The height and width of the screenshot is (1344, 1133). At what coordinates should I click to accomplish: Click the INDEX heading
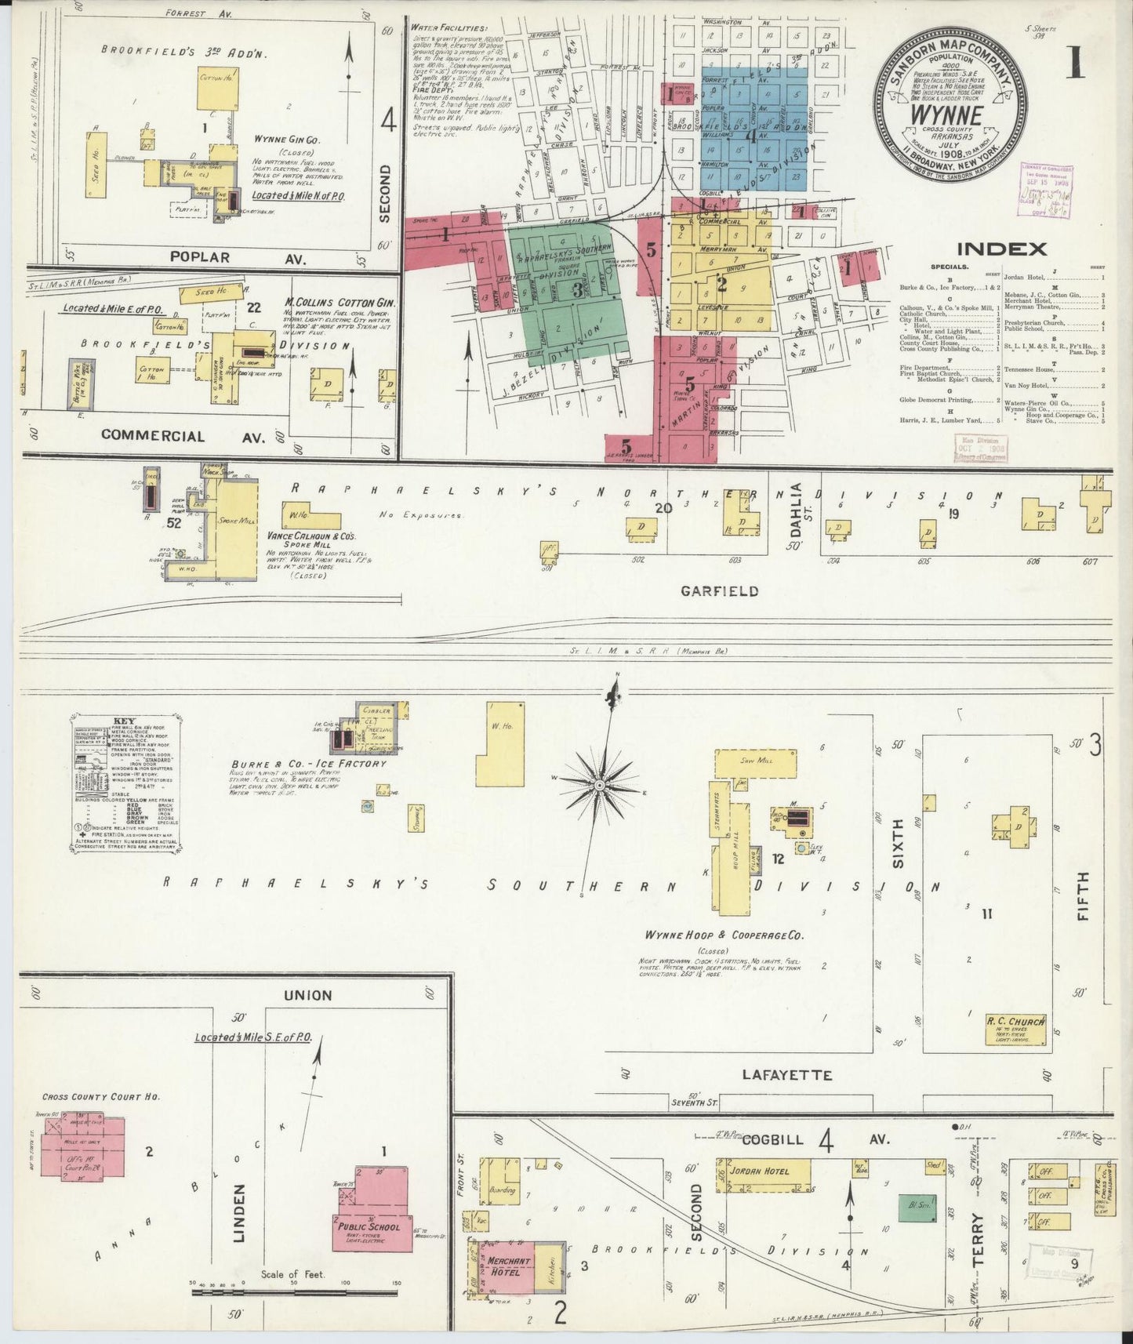click(1001, 249)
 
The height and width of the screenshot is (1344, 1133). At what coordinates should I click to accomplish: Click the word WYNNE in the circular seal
click(946, 114)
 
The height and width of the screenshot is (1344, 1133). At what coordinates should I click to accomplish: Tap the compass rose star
click(600, 784)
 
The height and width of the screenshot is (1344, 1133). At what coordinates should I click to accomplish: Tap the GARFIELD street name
click(719, 590)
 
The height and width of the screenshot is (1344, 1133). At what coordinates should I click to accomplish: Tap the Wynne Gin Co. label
click(284, 139)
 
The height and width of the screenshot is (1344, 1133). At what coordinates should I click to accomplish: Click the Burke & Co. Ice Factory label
click(308, 763)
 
